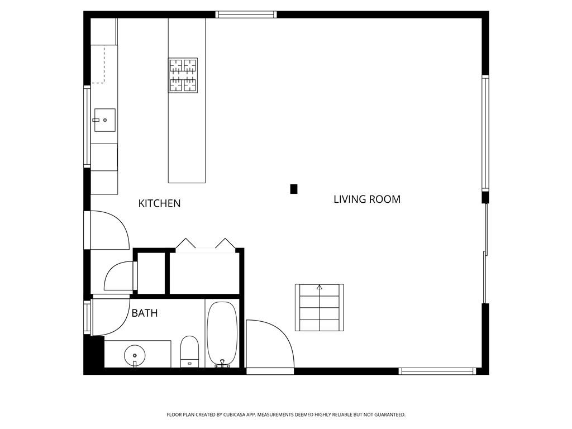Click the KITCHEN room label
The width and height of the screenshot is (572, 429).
pos(159,203)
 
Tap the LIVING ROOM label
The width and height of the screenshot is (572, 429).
pos(366,199)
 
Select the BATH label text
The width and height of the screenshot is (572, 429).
pos(144,313)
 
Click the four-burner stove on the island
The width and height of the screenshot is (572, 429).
pos(183,75)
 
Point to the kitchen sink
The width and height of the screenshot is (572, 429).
pos(104,120)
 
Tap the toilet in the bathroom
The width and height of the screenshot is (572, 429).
pos(189,351)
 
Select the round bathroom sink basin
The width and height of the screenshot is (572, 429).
pos(135,354)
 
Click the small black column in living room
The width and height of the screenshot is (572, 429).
pos(294,189)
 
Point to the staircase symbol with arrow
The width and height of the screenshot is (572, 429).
pos(319,307)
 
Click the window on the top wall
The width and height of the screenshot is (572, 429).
pos(246,15)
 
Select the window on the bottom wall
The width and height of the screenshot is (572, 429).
pos(437,371)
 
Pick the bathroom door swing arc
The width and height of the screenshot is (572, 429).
pos(111,317)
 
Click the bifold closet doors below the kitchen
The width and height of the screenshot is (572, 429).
pos(205,244)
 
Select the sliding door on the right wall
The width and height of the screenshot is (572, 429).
pos(485,252)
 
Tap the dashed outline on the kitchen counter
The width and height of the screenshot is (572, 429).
pos(99,66)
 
